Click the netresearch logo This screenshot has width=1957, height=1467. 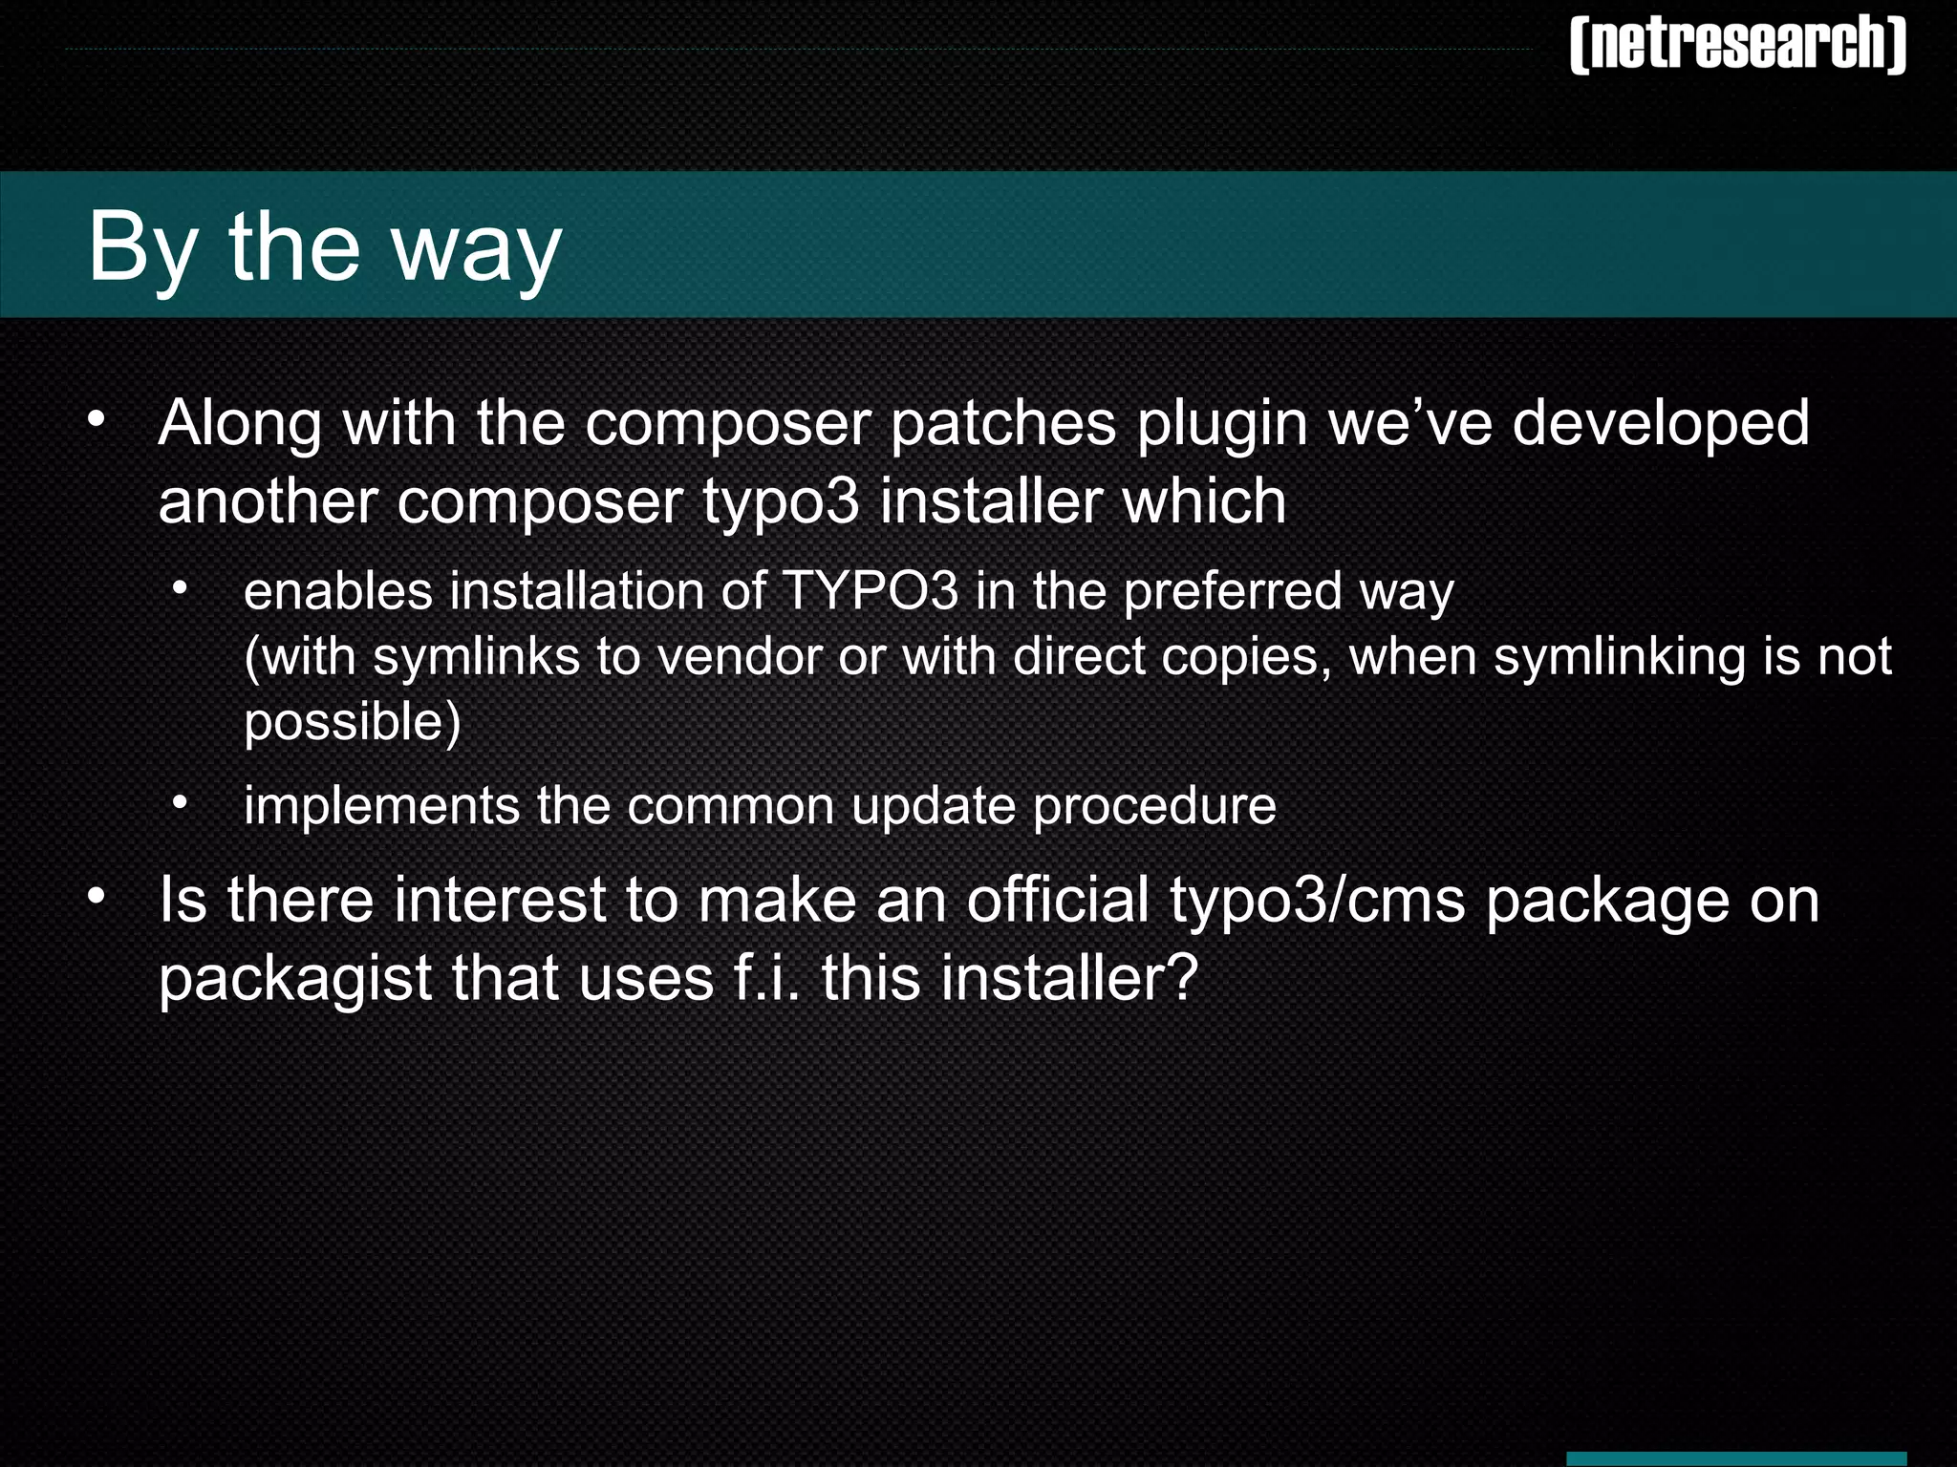(1737, 44)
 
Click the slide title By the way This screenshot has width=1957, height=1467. (325, 246)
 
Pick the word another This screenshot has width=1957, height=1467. (269, 501)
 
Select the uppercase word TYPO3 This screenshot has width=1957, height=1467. (870, 591)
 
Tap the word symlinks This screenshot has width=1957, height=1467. (476, 658)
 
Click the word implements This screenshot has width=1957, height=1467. (381, 807)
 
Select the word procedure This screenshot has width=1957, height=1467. (1154, 807)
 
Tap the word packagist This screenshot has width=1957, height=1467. (295, 980)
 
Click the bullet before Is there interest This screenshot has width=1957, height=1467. (96, 899)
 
